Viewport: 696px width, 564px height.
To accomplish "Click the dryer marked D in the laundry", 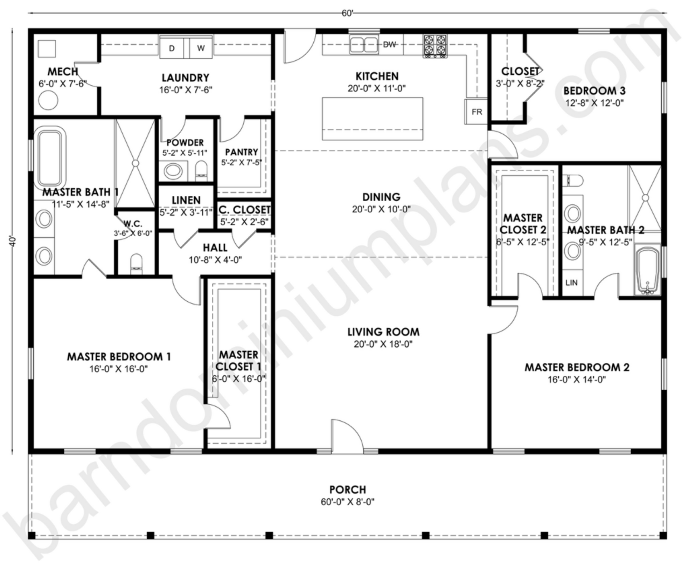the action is click(x=172, y=47).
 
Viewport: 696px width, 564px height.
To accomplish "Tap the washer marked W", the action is click(x=201, y=47).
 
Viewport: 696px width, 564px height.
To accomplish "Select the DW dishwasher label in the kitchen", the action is click(x=389, y=45).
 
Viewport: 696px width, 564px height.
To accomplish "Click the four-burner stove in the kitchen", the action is click(x=435, y=46).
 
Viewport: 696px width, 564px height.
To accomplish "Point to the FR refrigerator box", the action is click(x=476, y=112).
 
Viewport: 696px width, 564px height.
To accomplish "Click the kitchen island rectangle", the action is click(x=372, y=119).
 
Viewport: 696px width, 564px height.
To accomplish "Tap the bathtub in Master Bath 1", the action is click(x=50, y=157).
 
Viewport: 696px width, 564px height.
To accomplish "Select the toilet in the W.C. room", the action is click(x=136, y=264).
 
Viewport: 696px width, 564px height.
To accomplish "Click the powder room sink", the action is click(x=173, y=171).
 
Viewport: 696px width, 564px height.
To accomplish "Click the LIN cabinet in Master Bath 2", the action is click(x=572, y=282).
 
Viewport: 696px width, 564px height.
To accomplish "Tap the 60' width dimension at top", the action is click(x=347, y=13).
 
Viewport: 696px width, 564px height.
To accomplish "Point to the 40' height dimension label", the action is click(x=13, y=241).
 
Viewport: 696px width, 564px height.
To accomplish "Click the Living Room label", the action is click(x=383, y=332).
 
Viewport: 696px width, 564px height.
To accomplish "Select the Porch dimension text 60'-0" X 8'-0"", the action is click(x=347, y=502).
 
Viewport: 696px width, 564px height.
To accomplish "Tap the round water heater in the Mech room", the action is click(x=48, y=100).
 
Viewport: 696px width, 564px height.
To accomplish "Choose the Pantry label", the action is click(x=241, y=152).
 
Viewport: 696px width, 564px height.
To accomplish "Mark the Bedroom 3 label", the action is click(x=594, y=91).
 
